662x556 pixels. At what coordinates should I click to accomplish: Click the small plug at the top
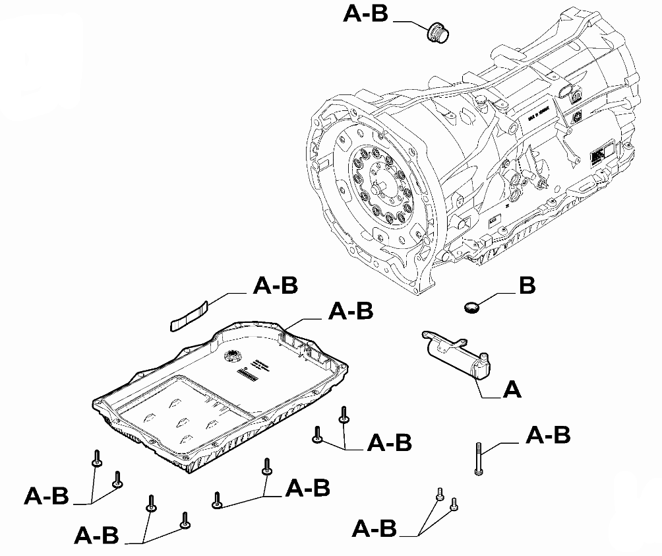point(436,31)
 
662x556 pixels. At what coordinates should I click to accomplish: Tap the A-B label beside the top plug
point(366,15)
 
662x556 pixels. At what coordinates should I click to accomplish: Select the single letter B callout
point(527,285)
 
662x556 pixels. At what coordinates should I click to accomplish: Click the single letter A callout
point(512,390)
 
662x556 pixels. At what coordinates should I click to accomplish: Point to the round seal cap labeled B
point(471,307)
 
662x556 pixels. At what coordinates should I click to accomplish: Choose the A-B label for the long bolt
point(548,435)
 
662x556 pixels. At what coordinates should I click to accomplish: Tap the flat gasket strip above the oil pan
point(189,316)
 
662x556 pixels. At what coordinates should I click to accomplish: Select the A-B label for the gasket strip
point(276,285)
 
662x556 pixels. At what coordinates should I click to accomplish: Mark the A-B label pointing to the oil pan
point(351,310)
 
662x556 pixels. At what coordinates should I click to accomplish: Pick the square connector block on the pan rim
point(290,337)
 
